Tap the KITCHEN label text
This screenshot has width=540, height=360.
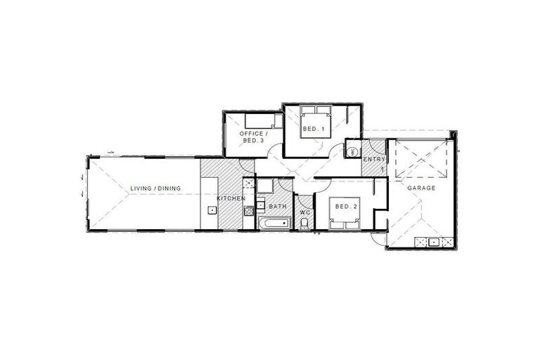click(231, 199)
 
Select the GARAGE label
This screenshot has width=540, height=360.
click(422, 188)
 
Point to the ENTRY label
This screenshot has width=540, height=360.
click(373, 160)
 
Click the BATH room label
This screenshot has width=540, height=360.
click(277, 206)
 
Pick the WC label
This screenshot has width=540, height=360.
click(304, 212)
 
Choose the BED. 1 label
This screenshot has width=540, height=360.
click(314, 129)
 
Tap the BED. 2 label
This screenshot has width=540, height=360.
click(346, 206)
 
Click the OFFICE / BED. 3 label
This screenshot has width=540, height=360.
click(252, 137)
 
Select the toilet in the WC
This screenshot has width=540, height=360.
click(304, 224)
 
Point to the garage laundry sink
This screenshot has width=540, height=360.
click(433, 242)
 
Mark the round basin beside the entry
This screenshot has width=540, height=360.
click(352, 151)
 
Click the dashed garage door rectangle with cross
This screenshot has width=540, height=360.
click(419, 160)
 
